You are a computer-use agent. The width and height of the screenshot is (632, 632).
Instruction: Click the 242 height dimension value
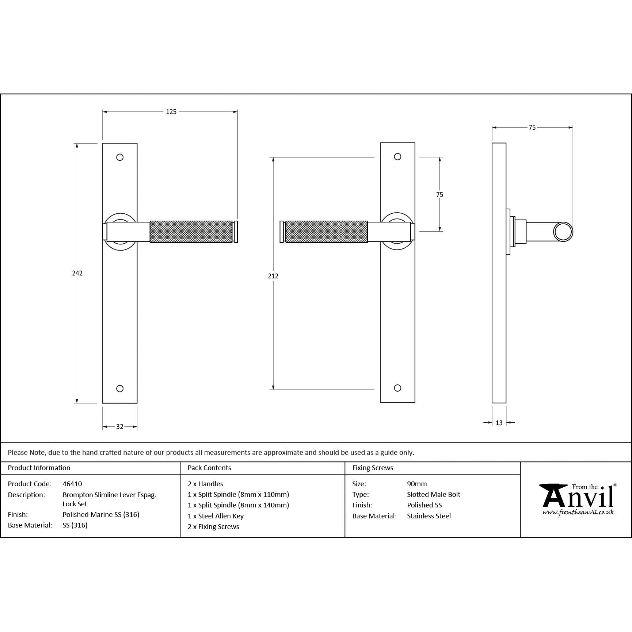[77, 273]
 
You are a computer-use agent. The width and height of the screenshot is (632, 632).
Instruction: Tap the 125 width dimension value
[171, 112]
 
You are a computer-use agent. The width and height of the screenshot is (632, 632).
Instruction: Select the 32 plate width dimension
[120, 426]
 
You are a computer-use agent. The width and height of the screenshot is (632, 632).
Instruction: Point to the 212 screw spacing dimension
[273, 276]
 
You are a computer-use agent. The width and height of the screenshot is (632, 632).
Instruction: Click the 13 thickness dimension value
[499, 423]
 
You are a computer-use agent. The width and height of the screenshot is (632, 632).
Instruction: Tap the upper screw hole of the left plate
[120, 157]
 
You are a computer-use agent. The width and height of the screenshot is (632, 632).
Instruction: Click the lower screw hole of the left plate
[120, 388]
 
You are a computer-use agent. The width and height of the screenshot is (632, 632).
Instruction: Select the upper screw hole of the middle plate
[397, 157]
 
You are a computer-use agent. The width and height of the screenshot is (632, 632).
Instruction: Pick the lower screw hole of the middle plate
[397, 388]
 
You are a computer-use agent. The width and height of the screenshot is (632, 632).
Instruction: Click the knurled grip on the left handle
[191, 232]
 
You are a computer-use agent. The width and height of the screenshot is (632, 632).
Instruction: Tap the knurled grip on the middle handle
[326, 232]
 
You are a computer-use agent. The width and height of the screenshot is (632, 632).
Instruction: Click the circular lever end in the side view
[563, 232]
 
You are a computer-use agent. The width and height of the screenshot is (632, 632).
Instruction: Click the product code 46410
[72, 484]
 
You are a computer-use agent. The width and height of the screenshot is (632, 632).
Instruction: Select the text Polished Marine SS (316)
[101, 514]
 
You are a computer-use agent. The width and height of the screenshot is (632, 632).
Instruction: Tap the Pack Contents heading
[209, 468]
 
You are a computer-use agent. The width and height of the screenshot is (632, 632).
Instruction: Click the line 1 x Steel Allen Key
[216, 516]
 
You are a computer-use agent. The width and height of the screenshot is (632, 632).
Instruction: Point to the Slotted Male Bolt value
[434, 494]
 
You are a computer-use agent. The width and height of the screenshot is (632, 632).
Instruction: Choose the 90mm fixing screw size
[417, 484]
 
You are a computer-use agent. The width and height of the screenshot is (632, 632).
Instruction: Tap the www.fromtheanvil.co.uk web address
[578, 513]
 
